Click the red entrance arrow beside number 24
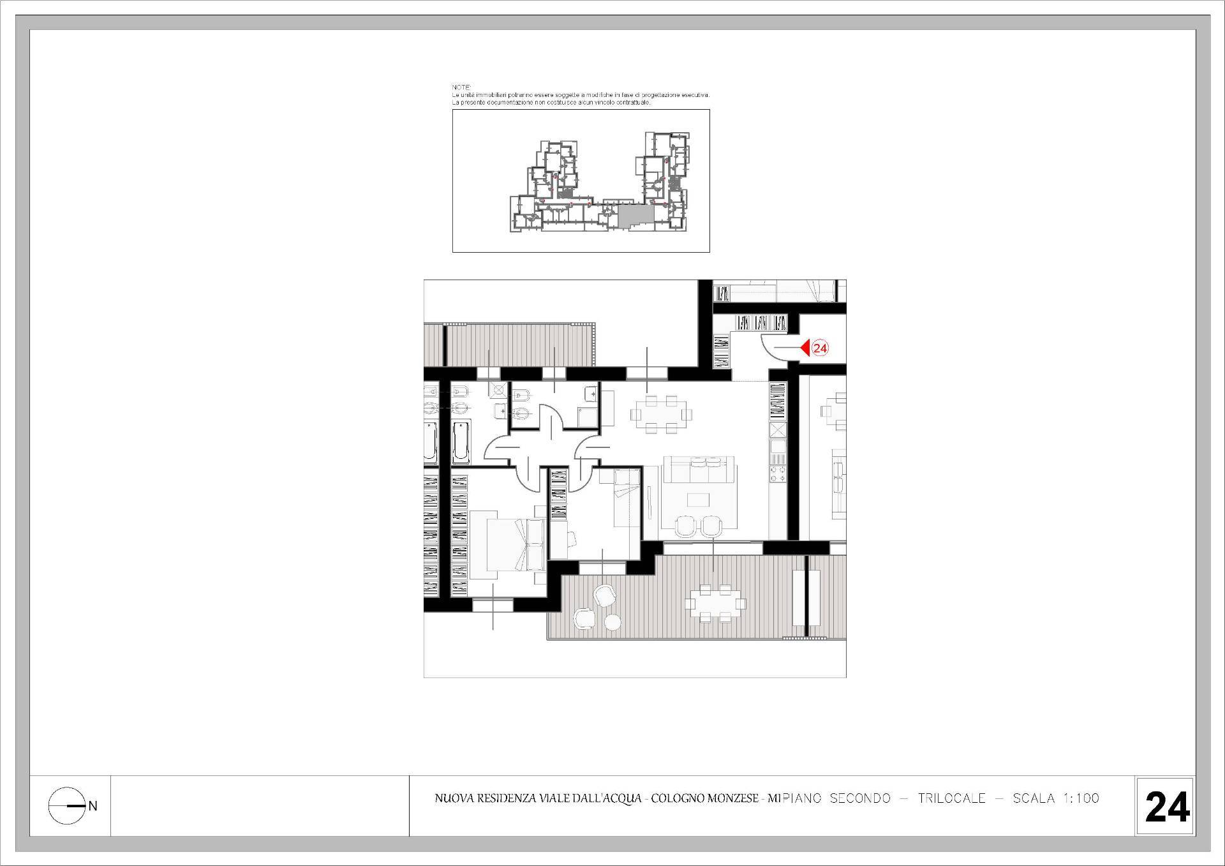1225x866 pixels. pos(805,348)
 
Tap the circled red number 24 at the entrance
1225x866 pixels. pos(820,348)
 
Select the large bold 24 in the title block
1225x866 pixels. pos(1167,807)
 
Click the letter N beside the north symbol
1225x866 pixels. pos(93,806)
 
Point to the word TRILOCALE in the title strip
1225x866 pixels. pos(951,798)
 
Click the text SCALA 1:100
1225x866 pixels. pos(1056,798)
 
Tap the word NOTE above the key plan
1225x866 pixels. pos(461,87)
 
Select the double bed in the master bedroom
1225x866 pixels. pos(516,544)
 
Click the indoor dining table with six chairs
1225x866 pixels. pos(661,414)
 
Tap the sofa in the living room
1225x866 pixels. pos(699,469)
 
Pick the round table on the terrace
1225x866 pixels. pos(612,622)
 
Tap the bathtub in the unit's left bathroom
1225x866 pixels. pos(461,442)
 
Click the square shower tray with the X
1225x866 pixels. pos(499,390)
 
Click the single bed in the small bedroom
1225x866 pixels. pos(627,497)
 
